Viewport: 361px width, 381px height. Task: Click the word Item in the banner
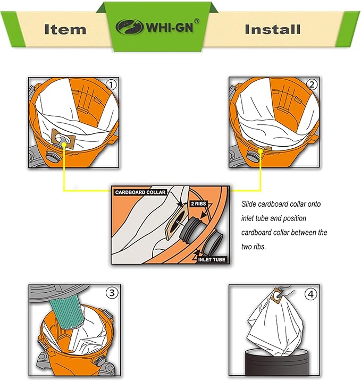click(x=65, y=29)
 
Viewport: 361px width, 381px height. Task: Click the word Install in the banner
click(x=273, y=29)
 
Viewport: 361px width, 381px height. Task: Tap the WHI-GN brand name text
click(x=170, y=27)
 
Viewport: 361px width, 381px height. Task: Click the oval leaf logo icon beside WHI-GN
click(x=129, y=27)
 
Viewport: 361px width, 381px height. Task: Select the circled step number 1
click(x=111, y=85)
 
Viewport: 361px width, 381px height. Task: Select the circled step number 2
click(x=312, y=84)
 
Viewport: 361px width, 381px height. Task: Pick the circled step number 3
click(x=112, y=293)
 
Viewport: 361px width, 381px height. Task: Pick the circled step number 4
click(x=310, y=294)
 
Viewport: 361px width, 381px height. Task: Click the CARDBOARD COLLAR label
click(x=140, y=192)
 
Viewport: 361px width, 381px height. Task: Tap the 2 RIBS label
click(x=198, y=204)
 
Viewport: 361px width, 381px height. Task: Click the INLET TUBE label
click(x=212, y=259)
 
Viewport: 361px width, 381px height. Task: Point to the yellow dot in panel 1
click(x=64, y=145)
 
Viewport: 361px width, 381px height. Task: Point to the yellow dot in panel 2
click(x=261, y=151)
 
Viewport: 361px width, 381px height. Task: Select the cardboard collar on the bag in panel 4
click(x=276, y=295)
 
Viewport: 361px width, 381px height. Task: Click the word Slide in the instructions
click(x=248, y=204)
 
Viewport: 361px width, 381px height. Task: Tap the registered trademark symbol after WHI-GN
click(x=197, y=21)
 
